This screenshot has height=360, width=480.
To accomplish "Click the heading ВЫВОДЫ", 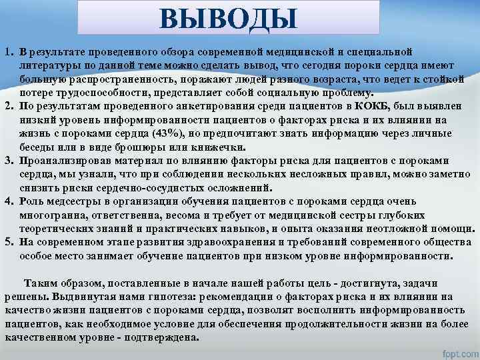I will click(x=228, y=18).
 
